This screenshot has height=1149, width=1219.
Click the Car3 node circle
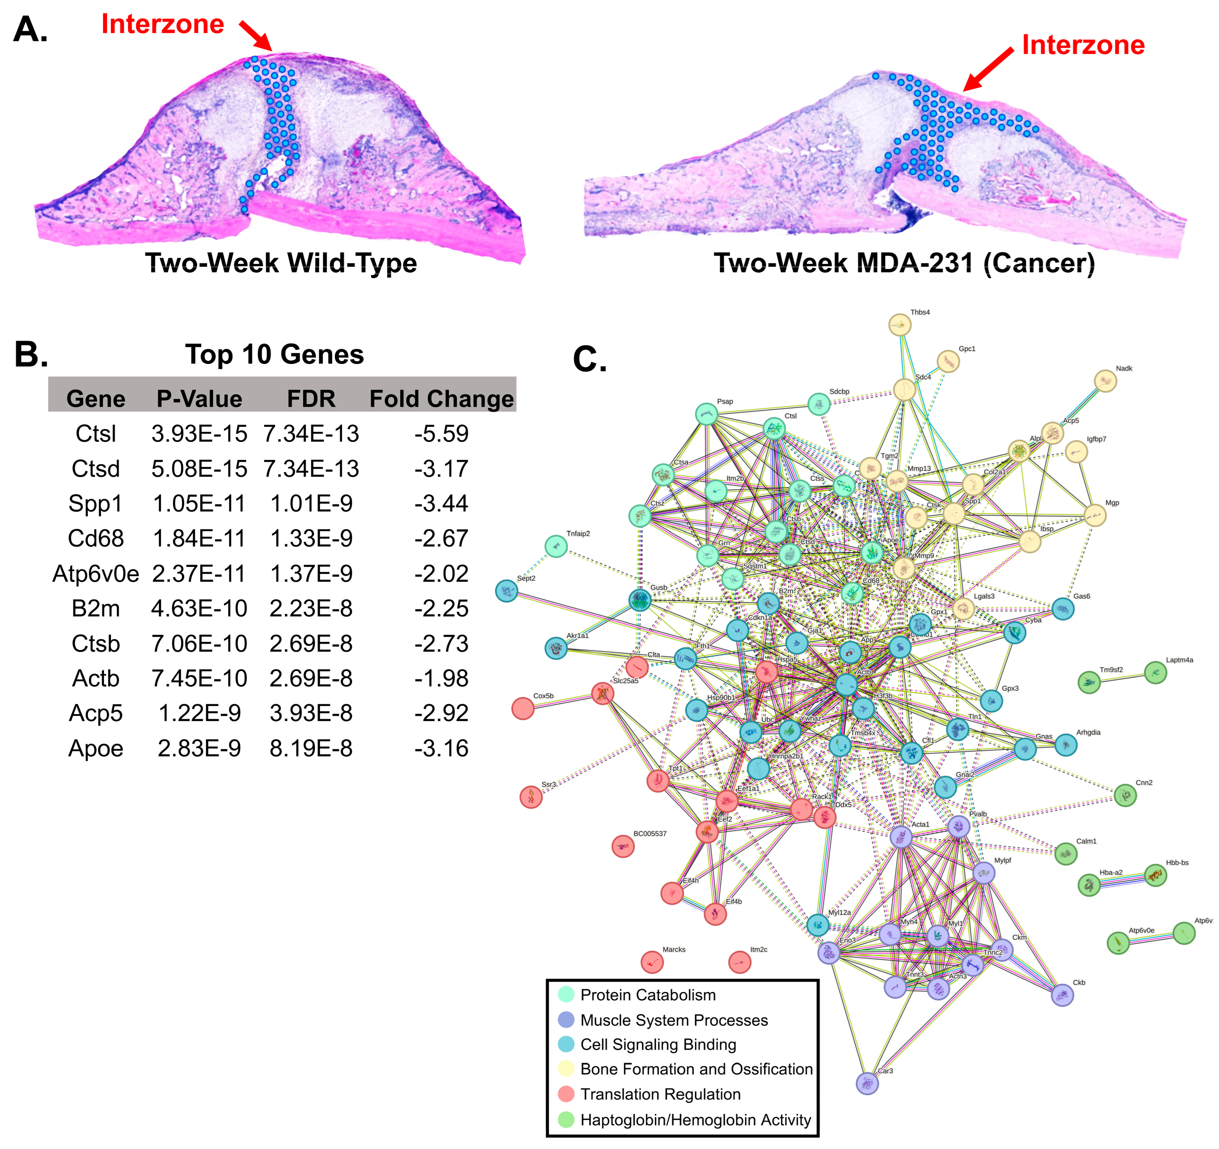click(x=867, y=1083)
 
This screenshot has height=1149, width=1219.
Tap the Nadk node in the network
click(x=1105, y=381)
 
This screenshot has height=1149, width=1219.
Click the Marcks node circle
click(x=652, y=962)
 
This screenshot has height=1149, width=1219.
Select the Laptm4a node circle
click(x=1155, y=672)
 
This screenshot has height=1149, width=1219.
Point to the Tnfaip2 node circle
click(x=556, y=546)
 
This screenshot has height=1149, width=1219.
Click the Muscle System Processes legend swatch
click(x=566, y=1020)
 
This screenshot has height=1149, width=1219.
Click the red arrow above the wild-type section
click(x=255, y=35)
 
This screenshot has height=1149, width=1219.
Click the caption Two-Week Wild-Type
click(x=281, y=263)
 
